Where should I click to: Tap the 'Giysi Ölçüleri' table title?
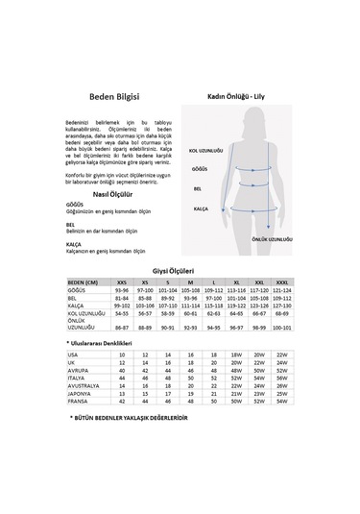[x=180, y=271]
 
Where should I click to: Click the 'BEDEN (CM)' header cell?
[x=86, y=282]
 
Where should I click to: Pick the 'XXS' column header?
[x=122, y=282]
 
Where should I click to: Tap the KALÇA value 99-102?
[x=122, y=305]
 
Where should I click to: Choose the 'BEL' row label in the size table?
[x=73, y=297]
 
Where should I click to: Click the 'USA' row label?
[x=73, y=355]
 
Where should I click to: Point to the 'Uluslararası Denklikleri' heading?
[x=104, y=342]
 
